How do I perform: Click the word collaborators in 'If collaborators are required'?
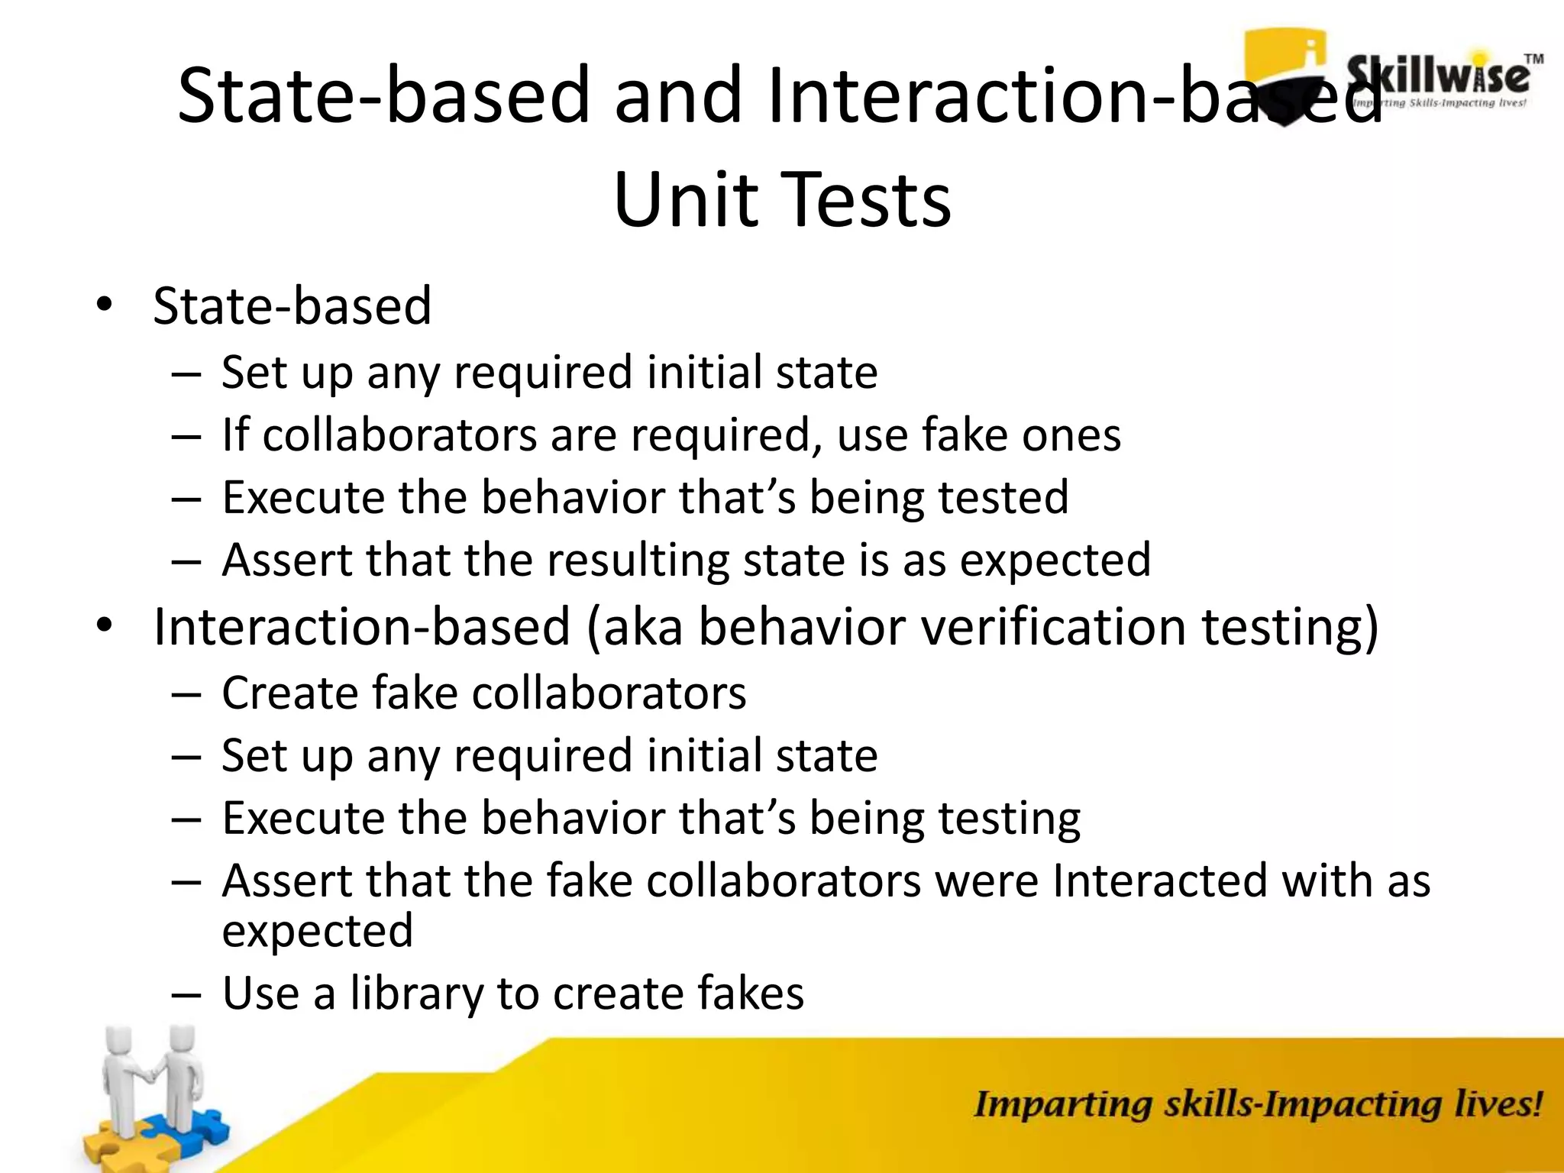[399, 435]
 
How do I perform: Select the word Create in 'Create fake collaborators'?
[289, 693]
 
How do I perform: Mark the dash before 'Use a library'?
[186, 994]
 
